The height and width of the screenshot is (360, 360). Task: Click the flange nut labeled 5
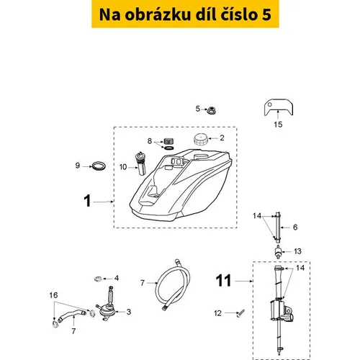[212, 110]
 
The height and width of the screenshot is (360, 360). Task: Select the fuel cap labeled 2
[201, 139]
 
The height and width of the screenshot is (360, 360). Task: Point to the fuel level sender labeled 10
[141, 163]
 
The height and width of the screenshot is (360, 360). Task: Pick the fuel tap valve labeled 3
[107, 305]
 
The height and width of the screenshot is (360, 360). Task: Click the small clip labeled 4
[98, 279]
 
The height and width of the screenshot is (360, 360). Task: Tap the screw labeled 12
[240, 313]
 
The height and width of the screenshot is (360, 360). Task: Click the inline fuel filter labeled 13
[278, 252]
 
